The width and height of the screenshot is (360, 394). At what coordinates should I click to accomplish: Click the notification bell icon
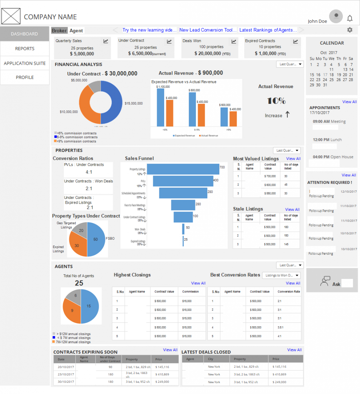(350, 18)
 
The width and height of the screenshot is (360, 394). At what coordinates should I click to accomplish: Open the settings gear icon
(350, 30)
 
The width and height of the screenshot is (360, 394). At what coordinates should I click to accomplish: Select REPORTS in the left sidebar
(25, 48)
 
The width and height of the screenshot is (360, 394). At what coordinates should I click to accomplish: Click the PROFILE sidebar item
(25, 77)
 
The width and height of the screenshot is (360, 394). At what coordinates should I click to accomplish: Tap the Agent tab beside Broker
(76, 30)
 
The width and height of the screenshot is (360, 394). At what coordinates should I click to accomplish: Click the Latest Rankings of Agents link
(268, 30)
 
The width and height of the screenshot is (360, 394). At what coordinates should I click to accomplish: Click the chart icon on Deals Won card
(233, 42)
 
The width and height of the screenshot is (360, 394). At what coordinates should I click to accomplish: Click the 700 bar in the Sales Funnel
(182, 169)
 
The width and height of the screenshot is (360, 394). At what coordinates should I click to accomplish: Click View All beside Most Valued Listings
(293, 159)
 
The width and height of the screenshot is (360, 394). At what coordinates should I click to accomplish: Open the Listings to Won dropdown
(282, 275)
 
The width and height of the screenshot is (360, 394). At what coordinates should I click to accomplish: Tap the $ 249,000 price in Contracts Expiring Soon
(163, 382)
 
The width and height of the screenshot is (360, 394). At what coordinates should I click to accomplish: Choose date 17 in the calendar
(325, 75)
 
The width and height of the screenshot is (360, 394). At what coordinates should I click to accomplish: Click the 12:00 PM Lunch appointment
(327, 140)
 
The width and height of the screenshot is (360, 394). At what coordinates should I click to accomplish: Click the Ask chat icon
(325, 281)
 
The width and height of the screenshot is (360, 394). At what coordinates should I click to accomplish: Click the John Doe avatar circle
(336, 16)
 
